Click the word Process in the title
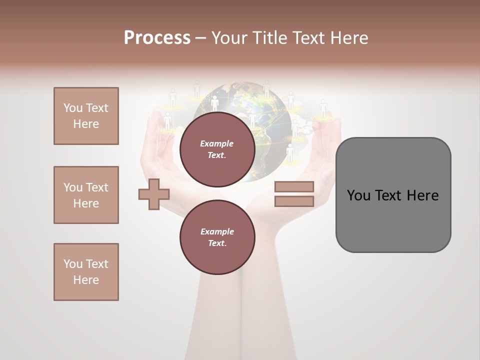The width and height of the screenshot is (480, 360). (157, 38)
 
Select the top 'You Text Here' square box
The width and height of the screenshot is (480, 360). (86, 116)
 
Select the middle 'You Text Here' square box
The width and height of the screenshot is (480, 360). (86, 195)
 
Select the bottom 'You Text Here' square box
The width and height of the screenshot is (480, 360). (86, 272)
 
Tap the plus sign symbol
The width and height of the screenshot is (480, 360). (154, 194)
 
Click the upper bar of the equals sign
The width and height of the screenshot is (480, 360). (294, 186)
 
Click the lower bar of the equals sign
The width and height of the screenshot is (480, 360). (294, 201)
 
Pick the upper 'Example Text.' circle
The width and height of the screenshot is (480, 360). (217, 149)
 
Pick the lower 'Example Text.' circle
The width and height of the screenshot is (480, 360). (217, 237)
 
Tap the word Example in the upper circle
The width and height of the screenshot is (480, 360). (217, 143)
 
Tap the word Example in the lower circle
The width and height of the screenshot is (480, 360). (217, 231)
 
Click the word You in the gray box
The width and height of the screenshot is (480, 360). (358, 195)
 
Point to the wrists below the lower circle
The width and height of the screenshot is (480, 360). (240, 310)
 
